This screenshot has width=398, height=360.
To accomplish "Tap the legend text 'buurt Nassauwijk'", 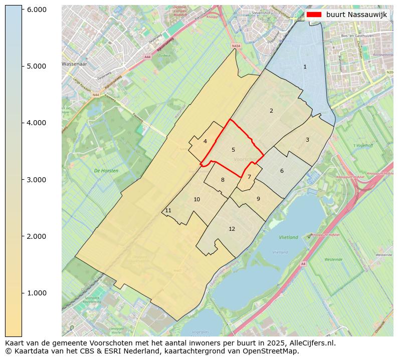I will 356,15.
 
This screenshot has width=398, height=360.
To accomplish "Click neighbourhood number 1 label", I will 305,67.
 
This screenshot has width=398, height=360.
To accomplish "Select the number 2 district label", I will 271,111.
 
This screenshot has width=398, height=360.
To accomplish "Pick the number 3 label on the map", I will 307,140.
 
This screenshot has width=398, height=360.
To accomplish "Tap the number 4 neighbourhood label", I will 205,141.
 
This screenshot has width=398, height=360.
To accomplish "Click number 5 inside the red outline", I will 233,150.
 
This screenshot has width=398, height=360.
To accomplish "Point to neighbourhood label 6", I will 282,171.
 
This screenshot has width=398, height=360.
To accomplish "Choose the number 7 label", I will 249,177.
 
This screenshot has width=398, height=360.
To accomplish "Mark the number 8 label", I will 223,180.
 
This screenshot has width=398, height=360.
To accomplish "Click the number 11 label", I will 168,210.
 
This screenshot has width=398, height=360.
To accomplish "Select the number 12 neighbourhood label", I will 232,229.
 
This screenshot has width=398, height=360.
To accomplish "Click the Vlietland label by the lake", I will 288,237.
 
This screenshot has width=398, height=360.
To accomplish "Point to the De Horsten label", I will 106,171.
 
